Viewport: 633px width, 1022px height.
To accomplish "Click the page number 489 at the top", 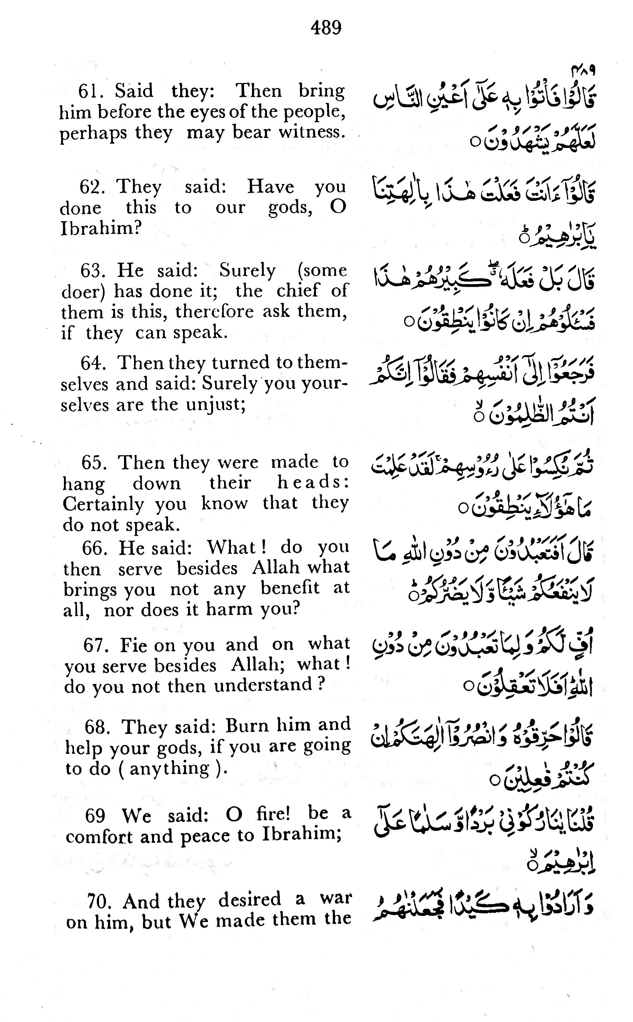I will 326,28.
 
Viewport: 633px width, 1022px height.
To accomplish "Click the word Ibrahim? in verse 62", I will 101,228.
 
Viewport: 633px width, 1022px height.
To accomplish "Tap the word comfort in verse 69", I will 100,837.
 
